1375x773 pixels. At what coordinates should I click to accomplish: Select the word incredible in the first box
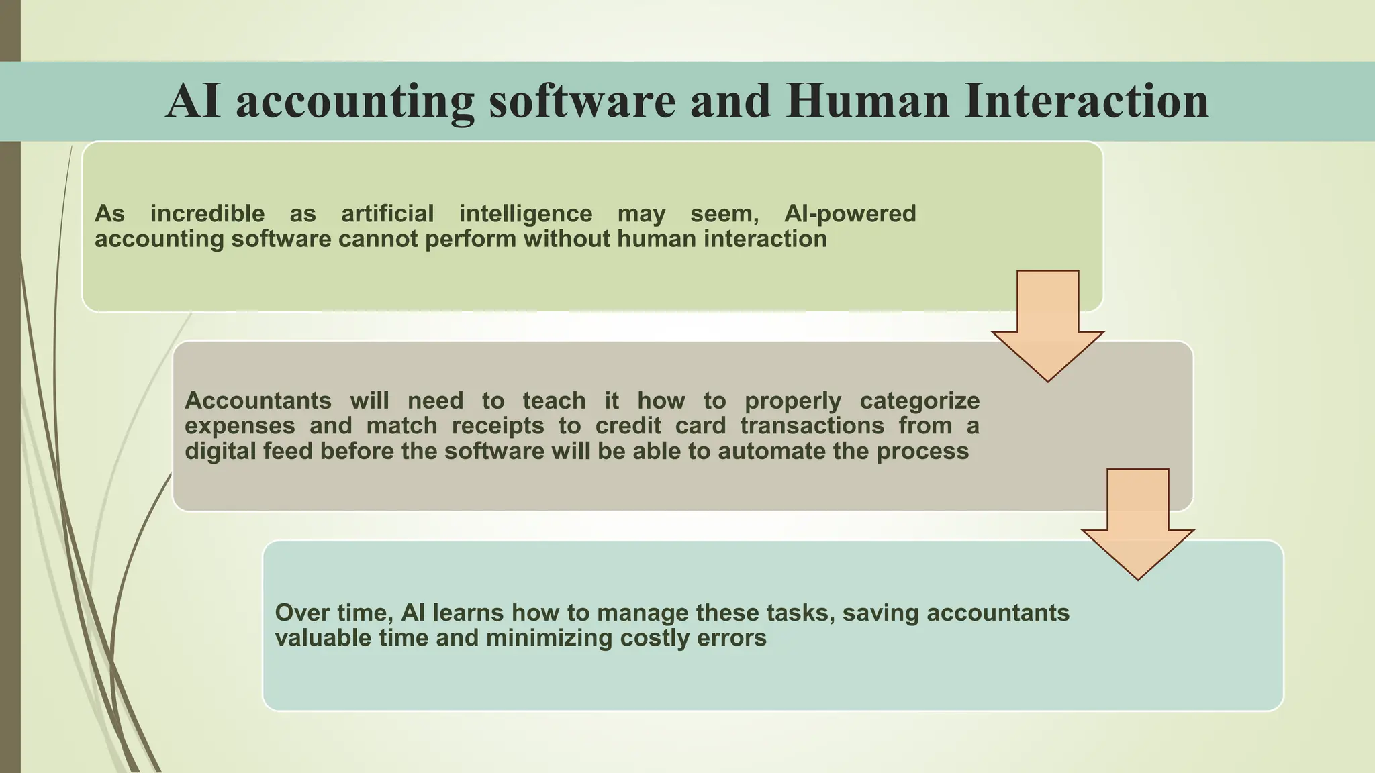coord(207,213)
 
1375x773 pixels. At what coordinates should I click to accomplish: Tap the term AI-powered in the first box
coord(850,213)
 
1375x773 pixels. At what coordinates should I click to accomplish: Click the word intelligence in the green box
coord(526,213)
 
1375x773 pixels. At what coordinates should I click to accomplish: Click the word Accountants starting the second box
coord(258,401)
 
